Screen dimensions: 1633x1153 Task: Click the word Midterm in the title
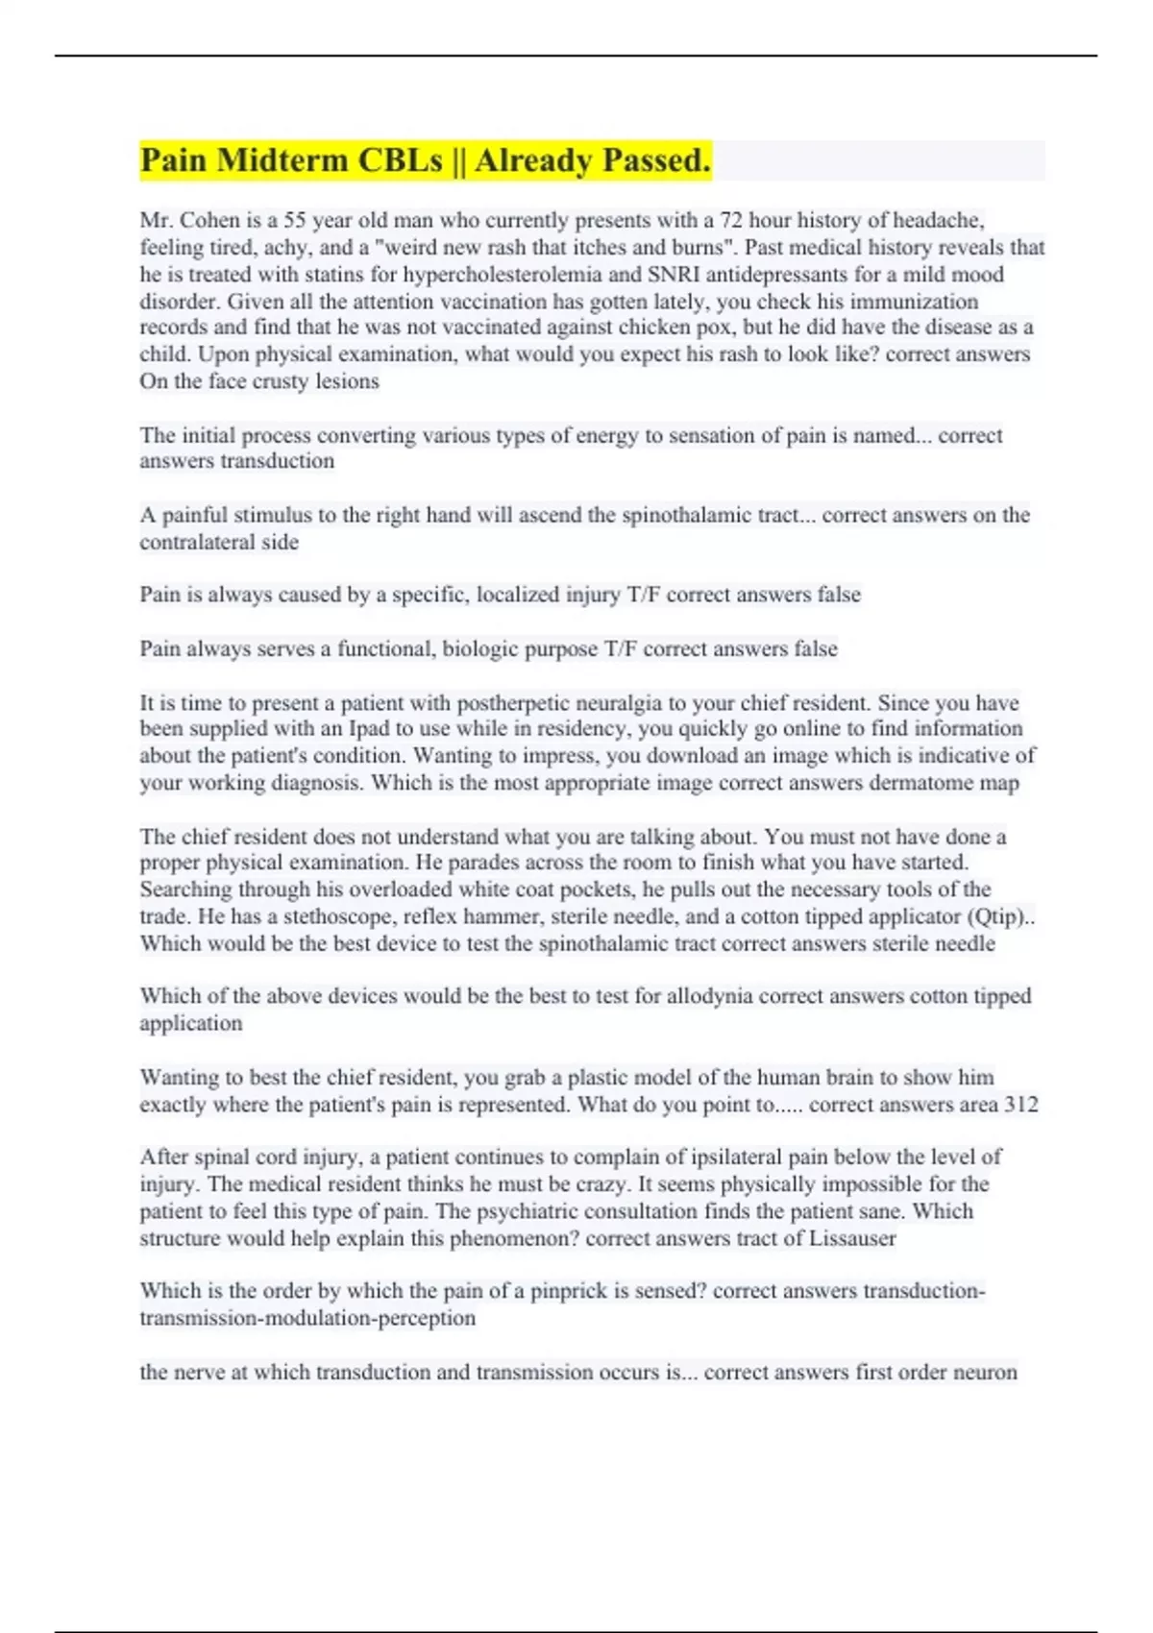(282, 160)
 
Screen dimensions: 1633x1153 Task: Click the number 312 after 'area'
(1020, 1105)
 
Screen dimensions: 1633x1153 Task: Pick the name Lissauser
(851, 1238)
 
